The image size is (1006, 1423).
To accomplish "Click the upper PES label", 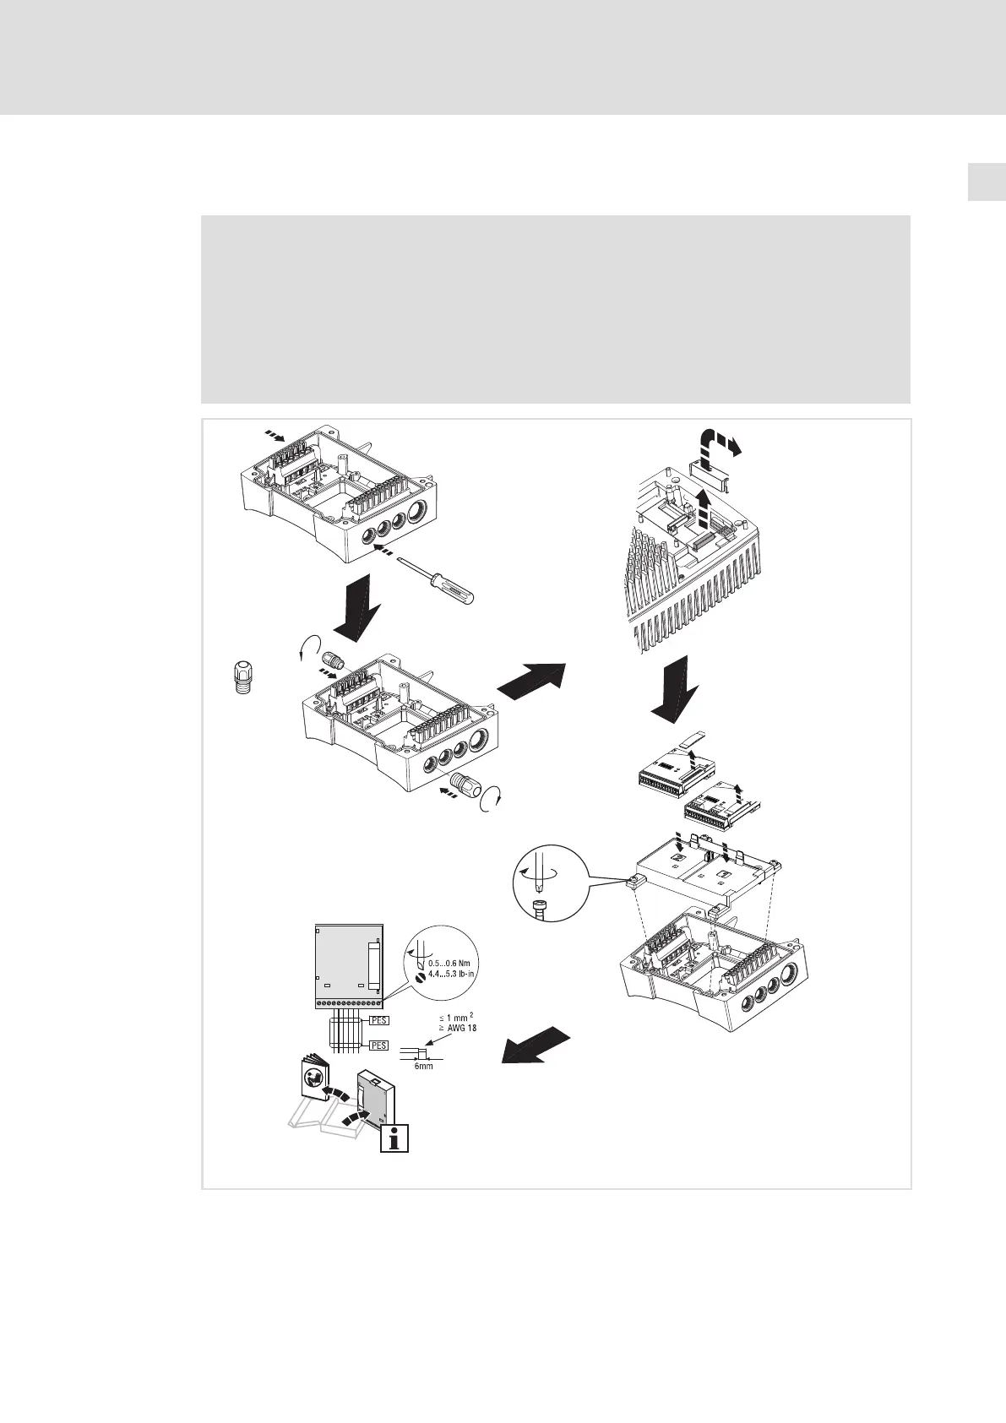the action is [378, 1020].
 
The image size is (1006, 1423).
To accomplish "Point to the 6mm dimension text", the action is [423, 1067].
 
